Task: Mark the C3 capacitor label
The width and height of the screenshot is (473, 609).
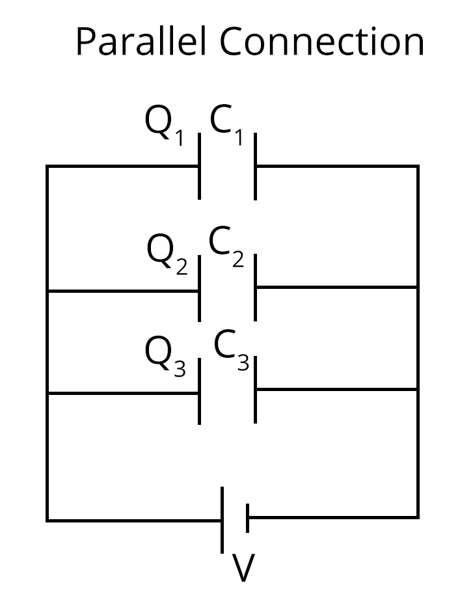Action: [231, 349]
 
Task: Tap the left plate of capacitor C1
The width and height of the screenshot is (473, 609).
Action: [199, 166]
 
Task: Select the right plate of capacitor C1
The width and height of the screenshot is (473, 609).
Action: [255, 166]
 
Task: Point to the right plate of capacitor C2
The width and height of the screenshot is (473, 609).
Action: [255, 287]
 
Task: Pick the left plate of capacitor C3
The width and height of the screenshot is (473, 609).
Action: [199, 392]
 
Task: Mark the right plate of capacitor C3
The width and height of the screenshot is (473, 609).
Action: [255, 389]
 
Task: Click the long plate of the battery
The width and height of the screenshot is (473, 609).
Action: [223, 519]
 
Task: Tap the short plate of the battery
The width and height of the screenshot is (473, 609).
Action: [247, 519]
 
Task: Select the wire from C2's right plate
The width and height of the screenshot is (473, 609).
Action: [336, 287]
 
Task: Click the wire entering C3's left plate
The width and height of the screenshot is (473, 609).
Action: [123, 393]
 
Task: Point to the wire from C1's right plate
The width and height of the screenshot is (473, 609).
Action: [336, 166]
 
